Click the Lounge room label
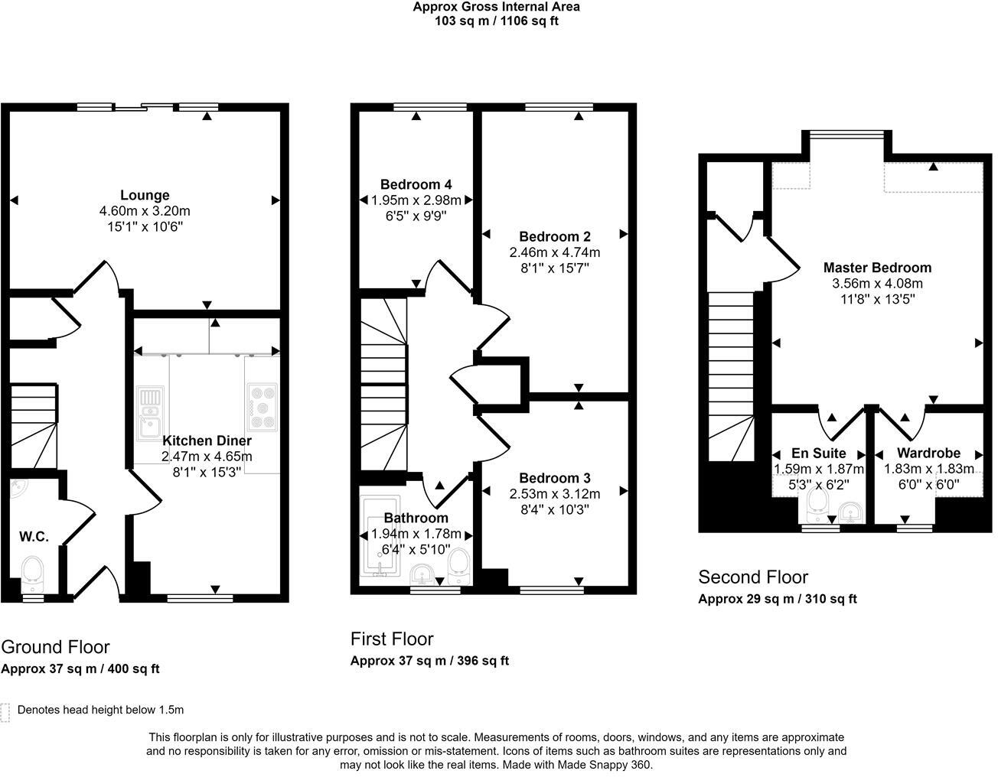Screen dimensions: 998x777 145,195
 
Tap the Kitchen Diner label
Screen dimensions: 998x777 207,441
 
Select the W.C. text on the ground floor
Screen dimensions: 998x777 34,536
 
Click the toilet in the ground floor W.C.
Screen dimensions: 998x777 32,574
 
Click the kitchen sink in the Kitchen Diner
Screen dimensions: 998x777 150,411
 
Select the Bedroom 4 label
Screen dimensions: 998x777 416,184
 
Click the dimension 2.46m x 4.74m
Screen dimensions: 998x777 554,252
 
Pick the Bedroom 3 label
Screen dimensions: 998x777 554,478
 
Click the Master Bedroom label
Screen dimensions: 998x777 877,268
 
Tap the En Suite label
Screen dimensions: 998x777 818,454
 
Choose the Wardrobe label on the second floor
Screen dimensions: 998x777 928,454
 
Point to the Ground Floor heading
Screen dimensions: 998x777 55,647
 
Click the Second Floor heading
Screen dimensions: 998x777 753,577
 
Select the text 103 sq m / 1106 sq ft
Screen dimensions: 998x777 497,21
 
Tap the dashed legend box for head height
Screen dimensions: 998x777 5,712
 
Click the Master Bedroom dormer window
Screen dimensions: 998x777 846,134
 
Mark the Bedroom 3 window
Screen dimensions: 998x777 552,590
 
